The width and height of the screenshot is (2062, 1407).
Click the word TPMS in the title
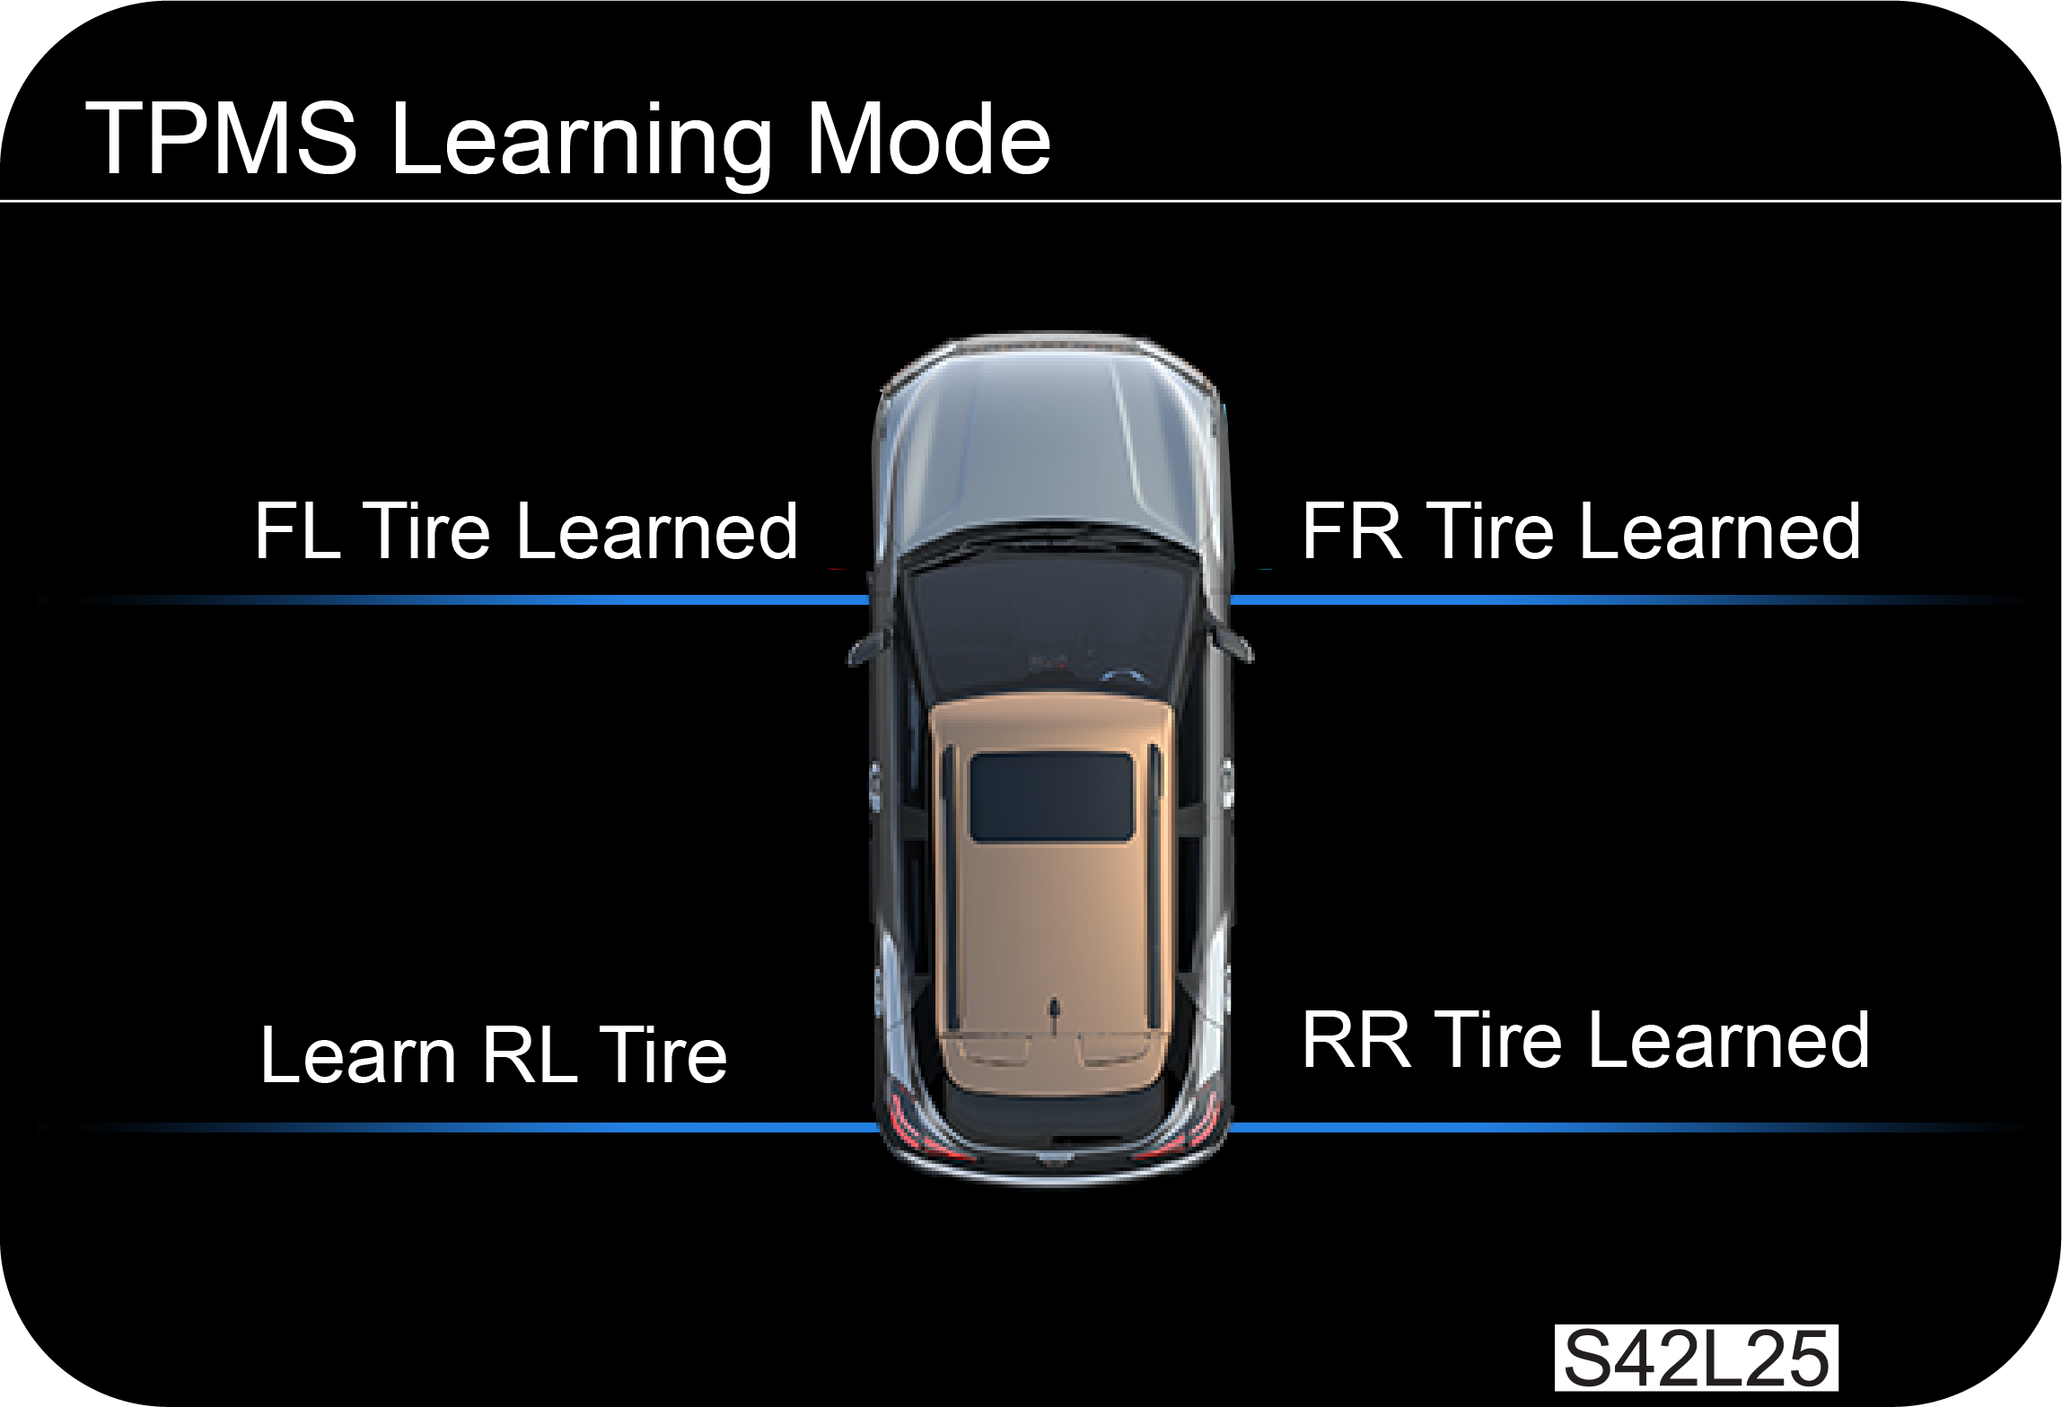click(x=221, y=139)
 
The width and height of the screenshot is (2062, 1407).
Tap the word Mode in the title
click(x=928, y=139)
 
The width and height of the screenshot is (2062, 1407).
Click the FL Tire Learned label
click(x=526, y=531)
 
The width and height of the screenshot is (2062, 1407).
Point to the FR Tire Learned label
click(x=1581, y=531)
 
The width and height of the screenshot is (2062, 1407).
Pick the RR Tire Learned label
click(x=1585, y=1040)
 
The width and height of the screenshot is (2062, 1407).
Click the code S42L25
click(x=1696, y=1359)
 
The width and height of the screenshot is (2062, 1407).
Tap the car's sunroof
click(x=1051, y=797)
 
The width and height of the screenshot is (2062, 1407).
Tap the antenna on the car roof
click(x=1055, y=1009)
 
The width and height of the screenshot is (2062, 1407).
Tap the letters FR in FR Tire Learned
click(x=1351, y=531)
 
